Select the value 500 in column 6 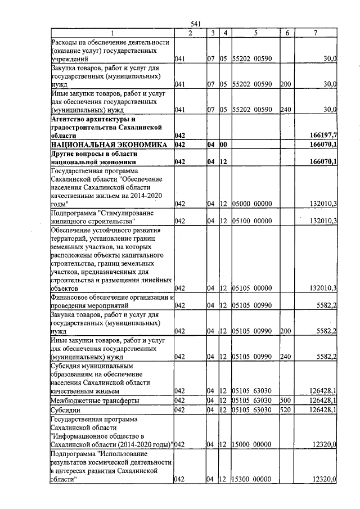pyautogui.click(x=286, y=400)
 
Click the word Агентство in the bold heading pyautogui.click(x=70, y=119)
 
